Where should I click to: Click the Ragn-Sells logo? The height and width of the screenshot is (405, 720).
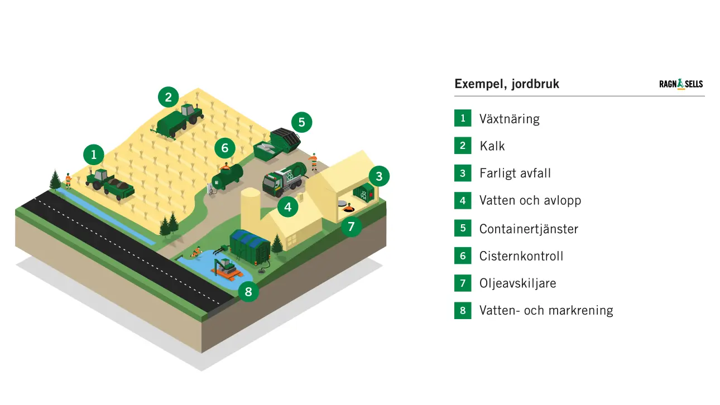click(681, 84)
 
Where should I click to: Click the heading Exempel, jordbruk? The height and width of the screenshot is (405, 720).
click(507, 84)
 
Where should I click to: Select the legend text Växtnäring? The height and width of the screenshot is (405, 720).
click(509, 119)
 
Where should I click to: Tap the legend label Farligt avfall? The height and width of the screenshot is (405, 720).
click(515, 173)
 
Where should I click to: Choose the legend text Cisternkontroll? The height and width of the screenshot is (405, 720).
click(521, 256)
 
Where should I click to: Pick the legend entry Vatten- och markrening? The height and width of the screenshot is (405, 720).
click(546, 310)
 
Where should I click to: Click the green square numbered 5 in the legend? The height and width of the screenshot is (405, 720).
click(463, 228)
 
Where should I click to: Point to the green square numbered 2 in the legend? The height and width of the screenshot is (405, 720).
click(463, 146)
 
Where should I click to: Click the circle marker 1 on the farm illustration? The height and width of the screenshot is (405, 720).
click(94, 154)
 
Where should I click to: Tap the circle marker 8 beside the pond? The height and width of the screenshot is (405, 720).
click(248, 291)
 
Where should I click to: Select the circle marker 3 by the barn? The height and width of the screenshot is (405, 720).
click(379, 177)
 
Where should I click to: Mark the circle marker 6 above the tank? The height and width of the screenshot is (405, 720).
click(225, 148)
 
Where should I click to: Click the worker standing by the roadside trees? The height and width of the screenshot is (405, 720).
click(69, 180)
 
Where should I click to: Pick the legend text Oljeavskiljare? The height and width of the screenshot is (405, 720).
click(517, 283)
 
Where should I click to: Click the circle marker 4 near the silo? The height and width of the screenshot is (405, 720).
click(287, 208)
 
